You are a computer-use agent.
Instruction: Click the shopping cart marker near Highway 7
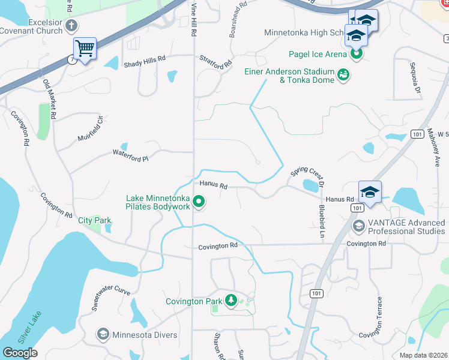(85, 48)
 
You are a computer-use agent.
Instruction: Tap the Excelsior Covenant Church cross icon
(71, 25)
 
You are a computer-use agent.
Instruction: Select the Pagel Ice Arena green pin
(356, 54)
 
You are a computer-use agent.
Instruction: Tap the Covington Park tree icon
(231, 301)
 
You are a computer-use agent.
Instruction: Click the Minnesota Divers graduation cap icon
(103, 334)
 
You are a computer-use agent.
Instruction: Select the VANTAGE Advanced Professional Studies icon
(359, 226)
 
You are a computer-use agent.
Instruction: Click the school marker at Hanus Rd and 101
(370, 193)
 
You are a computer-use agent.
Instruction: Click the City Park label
(95, 220)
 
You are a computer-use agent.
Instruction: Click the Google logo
(20, 353)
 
